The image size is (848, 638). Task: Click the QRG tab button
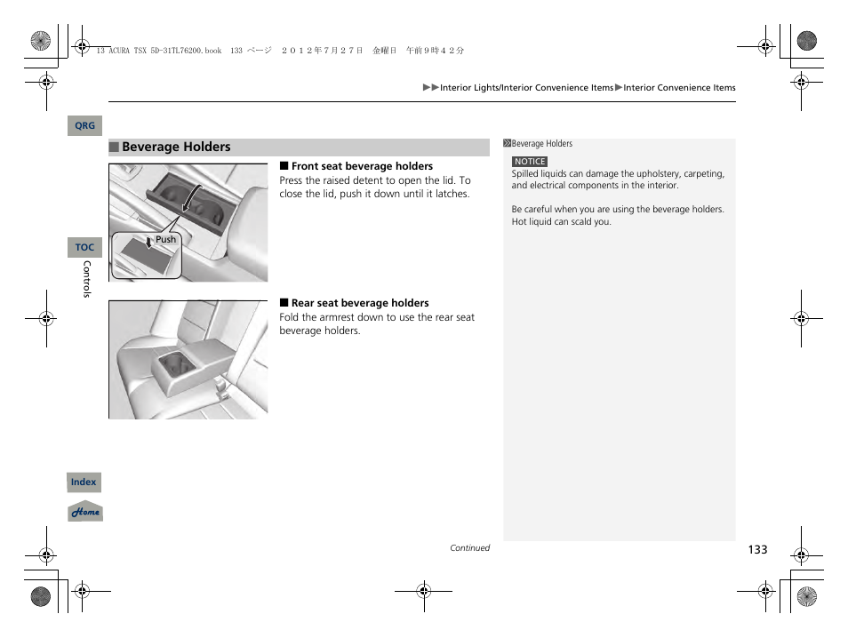[84, 126]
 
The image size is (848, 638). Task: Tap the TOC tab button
[84, 248]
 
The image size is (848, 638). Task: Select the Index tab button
[84, 482]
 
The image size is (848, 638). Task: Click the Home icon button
[85, 512]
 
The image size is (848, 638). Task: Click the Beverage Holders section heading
[176, 148]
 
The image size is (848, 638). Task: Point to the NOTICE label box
[530, 162]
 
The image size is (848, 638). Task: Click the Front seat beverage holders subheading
[362, 166]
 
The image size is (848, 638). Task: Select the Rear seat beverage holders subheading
[360, 303]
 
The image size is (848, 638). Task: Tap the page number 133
[756, 550]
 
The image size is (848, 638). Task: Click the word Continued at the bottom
[469, 548]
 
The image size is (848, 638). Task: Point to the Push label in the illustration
[166, 240]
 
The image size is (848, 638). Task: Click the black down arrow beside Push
[149, 242]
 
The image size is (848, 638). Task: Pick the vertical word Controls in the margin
[86, 279]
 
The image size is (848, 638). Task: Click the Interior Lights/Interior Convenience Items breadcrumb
[526, 88]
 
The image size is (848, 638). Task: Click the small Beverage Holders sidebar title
[541, 144]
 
